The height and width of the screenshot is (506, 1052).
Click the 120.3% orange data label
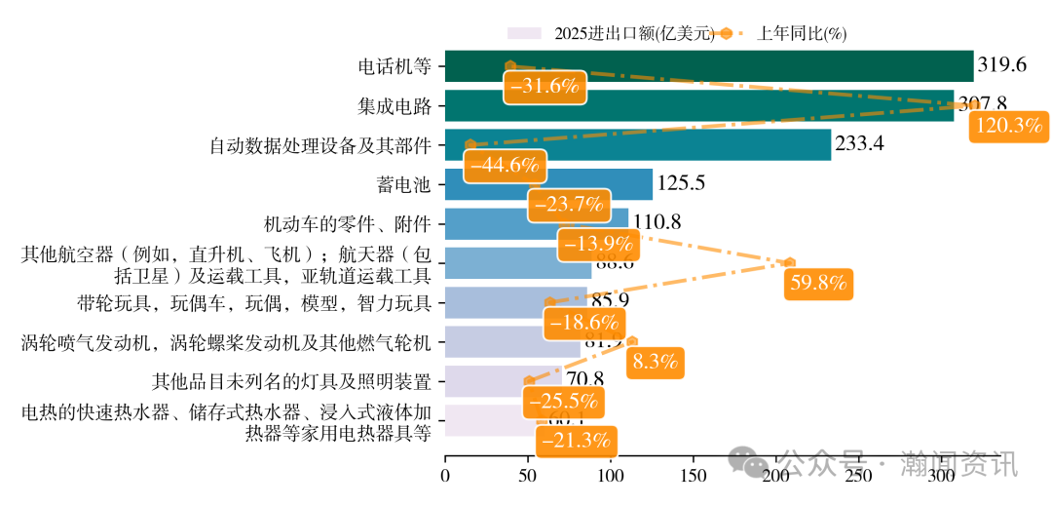click(1009, 126)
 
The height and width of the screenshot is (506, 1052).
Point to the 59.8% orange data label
click(817, 284)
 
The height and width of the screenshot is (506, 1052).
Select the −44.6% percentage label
click(505, 164)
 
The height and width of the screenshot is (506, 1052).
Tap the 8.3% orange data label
click(655, 362)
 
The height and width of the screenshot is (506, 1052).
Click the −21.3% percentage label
click(574, 440)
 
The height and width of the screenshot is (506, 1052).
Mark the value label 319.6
click(1002, 65)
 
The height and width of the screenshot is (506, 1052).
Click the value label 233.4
click(859, 144)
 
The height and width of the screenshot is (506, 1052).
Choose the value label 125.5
click(681, 183)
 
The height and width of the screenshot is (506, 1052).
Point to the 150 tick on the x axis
click(693, 477)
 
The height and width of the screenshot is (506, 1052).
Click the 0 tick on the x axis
click(445, 477)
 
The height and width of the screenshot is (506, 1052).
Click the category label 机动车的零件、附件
click(347, 223)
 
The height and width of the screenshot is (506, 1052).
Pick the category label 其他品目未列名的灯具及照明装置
click(291, 380)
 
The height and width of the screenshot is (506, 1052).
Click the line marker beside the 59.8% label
click(789, 262)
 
